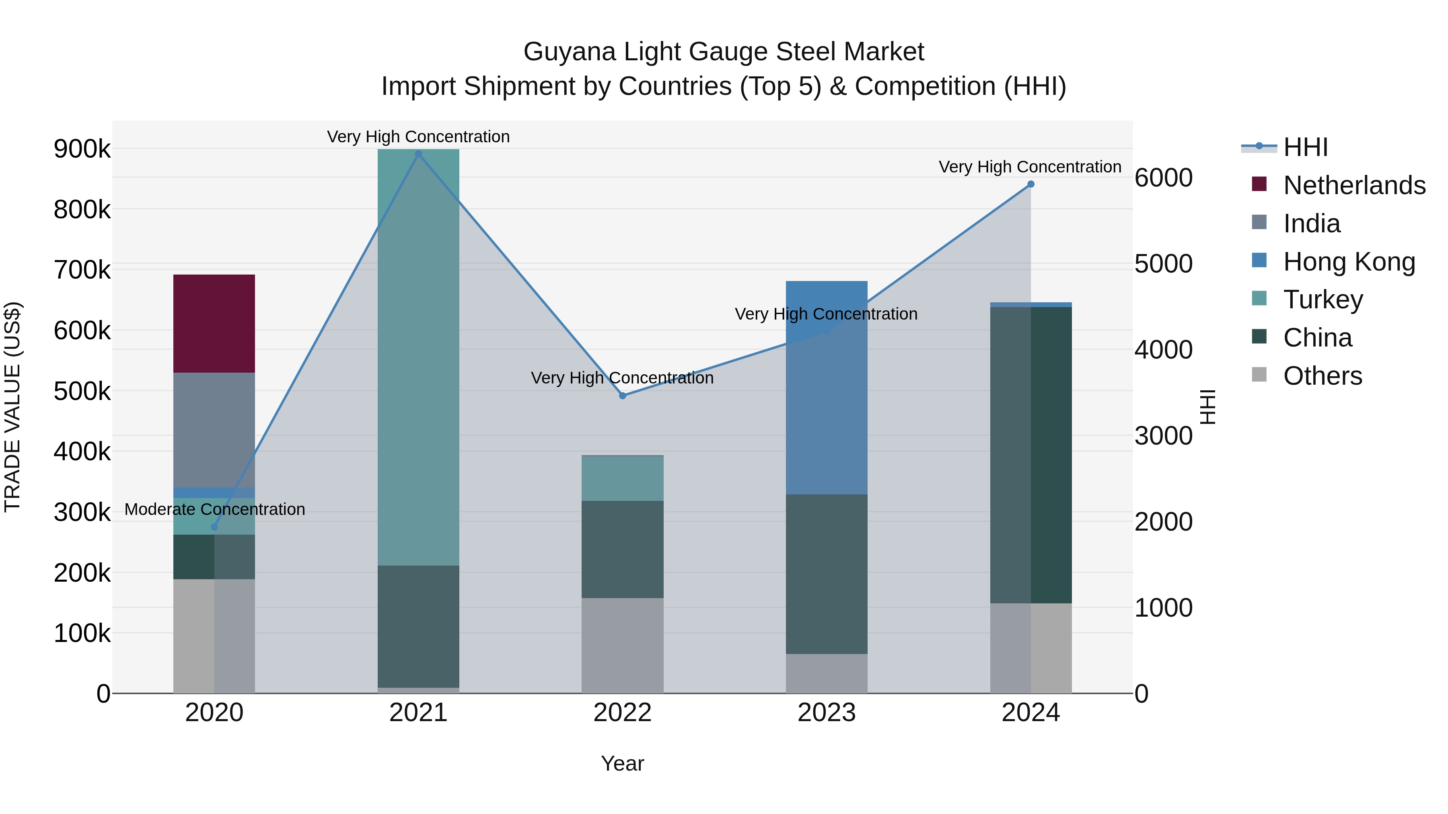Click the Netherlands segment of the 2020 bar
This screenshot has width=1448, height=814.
(x=214, y=324)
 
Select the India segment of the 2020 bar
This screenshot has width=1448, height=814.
(x=214, y=430)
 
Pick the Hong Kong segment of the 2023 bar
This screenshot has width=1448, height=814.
(x=826, y=388)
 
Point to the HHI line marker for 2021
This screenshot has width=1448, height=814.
(x=418, y=154)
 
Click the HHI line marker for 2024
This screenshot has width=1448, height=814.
(x=1030, y=184)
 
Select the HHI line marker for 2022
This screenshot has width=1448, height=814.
(x=622, y=396)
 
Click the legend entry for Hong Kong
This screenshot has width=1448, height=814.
(x=1349, y=262)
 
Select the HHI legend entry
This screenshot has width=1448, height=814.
(x=1305, y=147)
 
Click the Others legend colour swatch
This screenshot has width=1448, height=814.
(x=1259, y=375)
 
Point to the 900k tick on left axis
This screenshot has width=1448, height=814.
(x=82, y=150)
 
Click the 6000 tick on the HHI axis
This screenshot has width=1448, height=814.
(x=1163, y=178)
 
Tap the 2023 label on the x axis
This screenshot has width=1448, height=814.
(x=826, y=713)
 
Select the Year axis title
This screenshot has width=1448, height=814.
(x=622, y=763)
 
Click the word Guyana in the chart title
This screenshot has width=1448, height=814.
(x=570, y=52)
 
